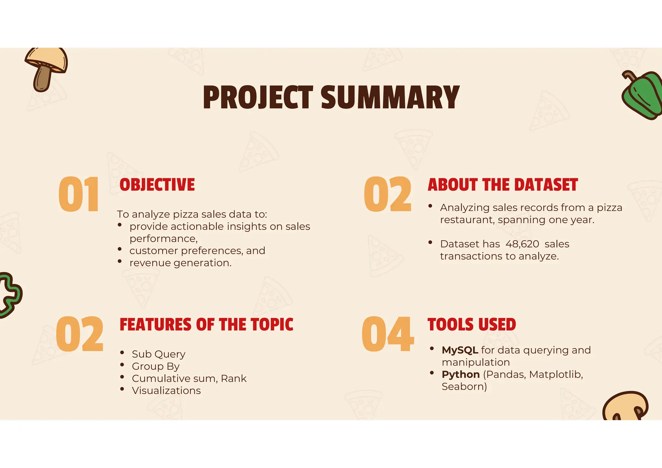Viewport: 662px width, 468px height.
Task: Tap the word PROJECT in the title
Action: click(258, 98)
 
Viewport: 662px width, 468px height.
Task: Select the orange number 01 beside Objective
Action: click(79, 195)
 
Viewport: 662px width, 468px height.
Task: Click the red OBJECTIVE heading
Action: click(157, 185)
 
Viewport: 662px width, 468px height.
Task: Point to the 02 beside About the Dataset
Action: click(388, 195)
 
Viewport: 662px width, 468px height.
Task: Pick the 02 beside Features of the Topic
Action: click(80, 334)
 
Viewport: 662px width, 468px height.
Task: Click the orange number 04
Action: click(388, 334)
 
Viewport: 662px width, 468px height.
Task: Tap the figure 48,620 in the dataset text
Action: click(522, 244)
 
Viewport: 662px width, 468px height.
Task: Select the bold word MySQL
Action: click(460, 350)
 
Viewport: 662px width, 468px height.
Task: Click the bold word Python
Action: click(461, 375)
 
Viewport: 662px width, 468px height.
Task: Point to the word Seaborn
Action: click(464, 387)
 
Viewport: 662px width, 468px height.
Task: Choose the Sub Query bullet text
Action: click(158, 354)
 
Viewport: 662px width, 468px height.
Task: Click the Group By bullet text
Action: click(155, 367)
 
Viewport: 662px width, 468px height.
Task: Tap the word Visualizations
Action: click(166, 391)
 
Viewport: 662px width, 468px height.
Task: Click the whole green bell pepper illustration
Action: click(643, 95)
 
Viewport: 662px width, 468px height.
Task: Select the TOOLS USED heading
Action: click(472, 325)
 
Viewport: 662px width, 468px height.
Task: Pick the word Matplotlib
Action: click(556, 375)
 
